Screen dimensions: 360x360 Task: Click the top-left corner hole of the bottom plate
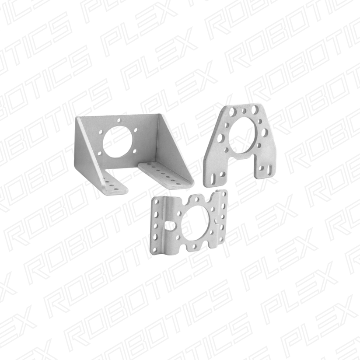[x=157, y=202]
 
